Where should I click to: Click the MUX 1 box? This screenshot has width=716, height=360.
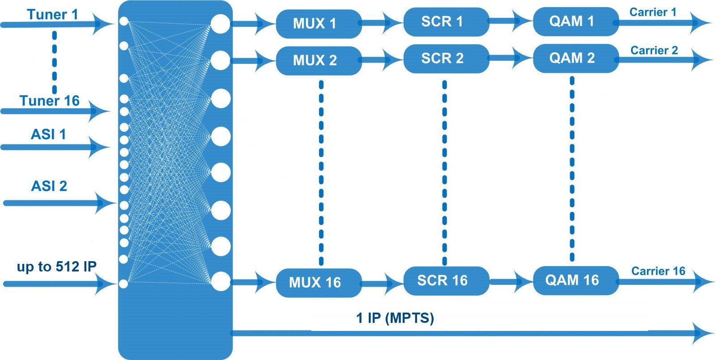point(319,24)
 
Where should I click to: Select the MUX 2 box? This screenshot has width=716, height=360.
point(319,60)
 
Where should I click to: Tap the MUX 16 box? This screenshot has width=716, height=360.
point(319,283)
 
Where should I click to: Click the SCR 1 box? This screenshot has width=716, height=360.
point(446,22)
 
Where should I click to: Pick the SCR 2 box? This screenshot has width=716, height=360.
point(446,59)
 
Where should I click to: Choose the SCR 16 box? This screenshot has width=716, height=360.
point(446,281)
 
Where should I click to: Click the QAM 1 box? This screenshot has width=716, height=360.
point(575,21)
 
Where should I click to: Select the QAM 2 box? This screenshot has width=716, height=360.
point(575,58)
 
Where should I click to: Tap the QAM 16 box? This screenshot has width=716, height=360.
point(575,280)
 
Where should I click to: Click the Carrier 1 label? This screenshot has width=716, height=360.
point(652,12)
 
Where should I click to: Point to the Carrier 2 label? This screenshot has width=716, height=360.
point(654,50)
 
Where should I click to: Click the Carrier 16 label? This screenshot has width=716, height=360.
point(658,271)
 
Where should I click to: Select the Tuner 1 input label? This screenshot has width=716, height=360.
point(52,14)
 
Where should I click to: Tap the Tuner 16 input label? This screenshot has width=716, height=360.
point(49,101)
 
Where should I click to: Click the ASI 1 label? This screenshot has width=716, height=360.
point(48,134)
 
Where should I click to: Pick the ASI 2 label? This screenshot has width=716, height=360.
point(49,186)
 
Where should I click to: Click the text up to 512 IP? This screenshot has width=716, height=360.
point(56,267)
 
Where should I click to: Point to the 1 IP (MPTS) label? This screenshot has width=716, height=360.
point(395,318)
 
